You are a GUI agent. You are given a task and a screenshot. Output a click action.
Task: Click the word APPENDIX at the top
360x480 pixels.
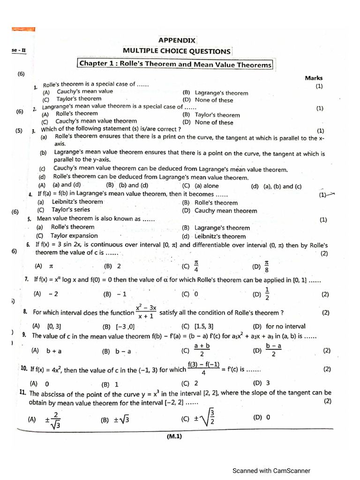point(177,40)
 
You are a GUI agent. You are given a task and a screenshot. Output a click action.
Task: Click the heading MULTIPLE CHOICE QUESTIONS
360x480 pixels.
point(177,52)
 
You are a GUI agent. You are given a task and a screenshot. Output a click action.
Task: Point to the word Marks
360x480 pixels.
point(314,78)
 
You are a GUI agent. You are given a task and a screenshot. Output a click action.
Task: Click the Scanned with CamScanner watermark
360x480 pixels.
point(271,471)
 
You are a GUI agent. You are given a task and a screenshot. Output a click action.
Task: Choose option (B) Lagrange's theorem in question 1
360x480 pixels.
point(215,93)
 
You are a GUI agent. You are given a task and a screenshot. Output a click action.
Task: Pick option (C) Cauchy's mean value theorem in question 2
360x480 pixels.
point(89,120)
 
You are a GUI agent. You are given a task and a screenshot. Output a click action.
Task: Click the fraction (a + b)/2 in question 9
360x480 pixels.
point(202,350)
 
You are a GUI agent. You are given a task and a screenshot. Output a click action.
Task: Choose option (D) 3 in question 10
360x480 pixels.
point(261,383)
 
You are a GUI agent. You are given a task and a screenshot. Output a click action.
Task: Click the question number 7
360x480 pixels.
point(27,279)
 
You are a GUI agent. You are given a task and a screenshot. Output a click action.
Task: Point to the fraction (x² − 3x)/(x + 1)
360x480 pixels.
point(146,312)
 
